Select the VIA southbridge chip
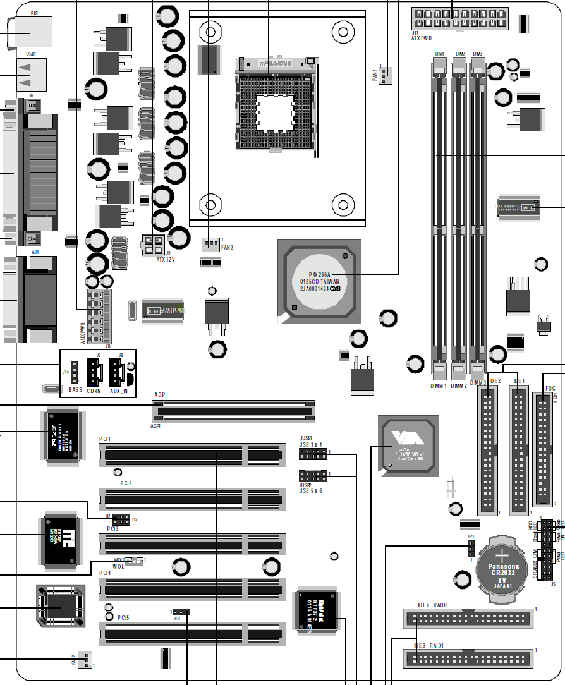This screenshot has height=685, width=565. pyautogui.click(x=408, y=446)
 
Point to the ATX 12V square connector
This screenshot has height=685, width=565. pyautogui.click(x=154, y=243)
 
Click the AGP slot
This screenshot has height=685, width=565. pyautogui.click(x=234, y=411)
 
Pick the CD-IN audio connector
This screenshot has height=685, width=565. pyautogui.click(x=94, y=372)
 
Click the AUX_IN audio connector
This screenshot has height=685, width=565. pyautogui.click(x=118, y=372)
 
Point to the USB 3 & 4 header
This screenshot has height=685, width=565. pyautogui.click(x=313, y=455)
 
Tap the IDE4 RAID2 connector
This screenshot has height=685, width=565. pyautogui.click(x=468, y=617)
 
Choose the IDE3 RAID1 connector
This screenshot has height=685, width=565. pyautogui.click(x=468, y=659)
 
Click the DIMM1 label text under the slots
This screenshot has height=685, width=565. pyautogui.click(x=439, y=385)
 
